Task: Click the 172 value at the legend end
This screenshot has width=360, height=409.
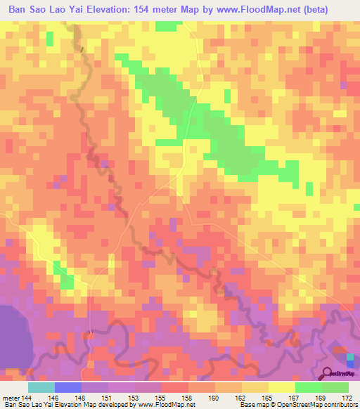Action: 345,397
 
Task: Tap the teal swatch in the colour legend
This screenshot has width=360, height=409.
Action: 41,387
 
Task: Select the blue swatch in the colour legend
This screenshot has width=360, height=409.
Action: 68,387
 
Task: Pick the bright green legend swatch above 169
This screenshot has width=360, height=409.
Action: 309,387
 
